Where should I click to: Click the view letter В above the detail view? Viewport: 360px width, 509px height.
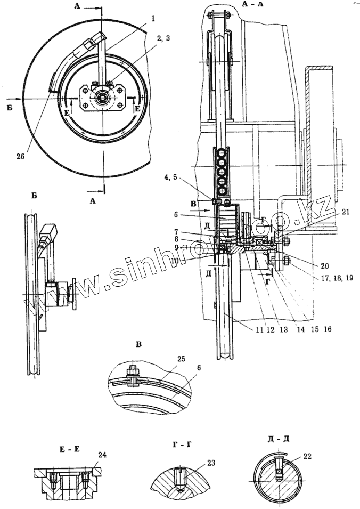pos(140,344)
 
